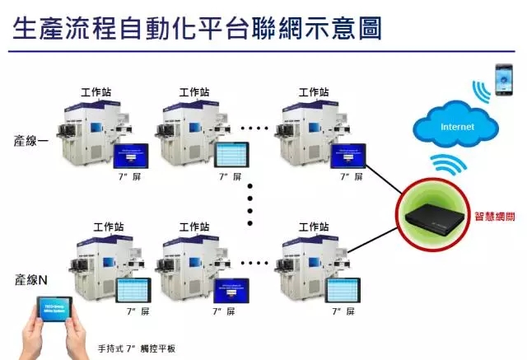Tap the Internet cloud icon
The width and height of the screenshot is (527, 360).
[x=458, y=127]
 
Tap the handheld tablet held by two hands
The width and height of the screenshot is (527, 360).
[x=58, y=320]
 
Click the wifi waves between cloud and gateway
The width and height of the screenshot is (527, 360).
[x=450, y=164]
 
